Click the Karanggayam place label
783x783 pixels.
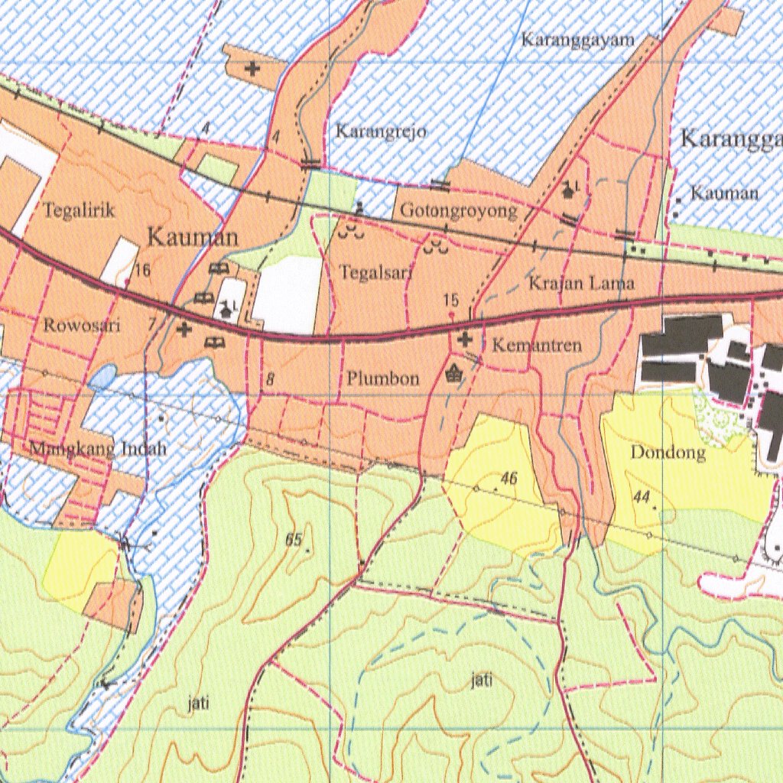click(577, 40)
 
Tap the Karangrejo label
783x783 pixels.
click(380, 132)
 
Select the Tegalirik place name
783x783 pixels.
click(80, 210)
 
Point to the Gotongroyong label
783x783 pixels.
click(459, 211)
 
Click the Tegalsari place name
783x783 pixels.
click(376, 271)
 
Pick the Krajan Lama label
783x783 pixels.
click(581, 284)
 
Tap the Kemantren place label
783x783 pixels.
click(537, 346)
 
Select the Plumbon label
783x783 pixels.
click(383, 378)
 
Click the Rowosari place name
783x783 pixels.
click(83, 325)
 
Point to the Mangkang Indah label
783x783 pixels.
click(98, 449)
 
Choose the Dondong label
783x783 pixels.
click(668, 452)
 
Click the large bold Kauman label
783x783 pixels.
click(193, 237)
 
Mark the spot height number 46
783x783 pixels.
click(509, 479)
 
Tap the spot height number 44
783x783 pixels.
click(641, 497)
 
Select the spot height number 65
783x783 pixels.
click(294, 540)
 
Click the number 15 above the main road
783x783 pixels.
click(451, 301)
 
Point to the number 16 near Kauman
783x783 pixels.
click(142, 269)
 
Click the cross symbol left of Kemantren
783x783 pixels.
click(465, 339)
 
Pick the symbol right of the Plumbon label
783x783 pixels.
click(454, 373)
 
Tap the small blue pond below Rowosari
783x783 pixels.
click(102, 375)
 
